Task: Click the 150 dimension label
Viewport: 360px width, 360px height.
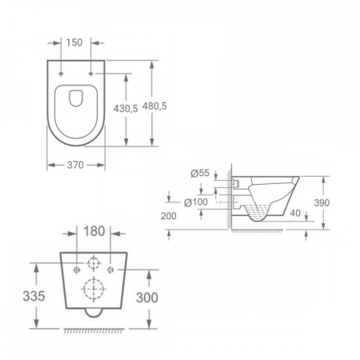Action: [74, 42]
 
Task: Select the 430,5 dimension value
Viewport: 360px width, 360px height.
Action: [126, 109]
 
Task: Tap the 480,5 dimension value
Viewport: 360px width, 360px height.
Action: [154, 106]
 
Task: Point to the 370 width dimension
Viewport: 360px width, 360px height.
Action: [75, 165]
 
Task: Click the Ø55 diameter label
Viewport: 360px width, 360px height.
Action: [200, 173]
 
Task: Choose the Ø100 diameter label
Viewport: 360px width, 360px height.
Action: [196, 202]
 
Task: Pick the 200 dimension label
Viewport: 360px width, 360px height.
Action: [169, 216]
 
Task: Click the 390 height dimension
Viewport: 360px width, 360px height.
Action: [322, 203]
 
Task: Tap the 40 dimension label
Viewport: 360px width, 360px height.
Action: [295, 214]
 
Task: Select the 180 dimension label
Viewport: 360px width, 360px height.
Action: [94, 231]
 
